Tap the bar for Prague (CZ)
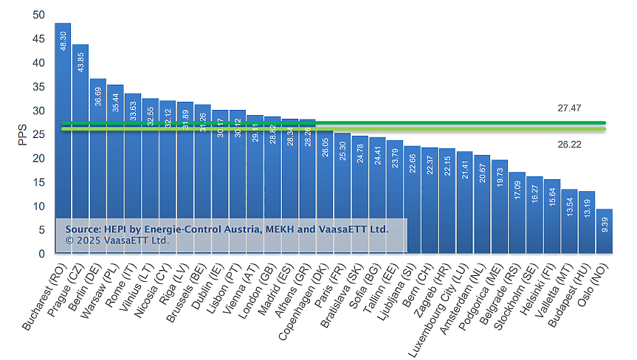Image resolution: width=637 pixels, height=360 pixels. (x=80, y=148)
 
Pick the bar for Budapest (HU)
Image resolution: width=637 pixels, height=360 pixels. (x=587, y=222)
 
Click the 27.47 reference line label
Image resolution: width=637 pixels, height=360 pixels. (x=569, y=108)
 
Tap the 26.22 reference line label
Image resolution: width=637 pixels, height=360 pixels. (x=569, y=145)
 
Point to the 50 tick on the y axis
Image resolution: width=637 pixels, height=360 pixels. (x=38, y=15)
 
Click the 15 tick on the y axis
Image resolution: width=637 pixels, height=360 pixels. (x=38, y=182)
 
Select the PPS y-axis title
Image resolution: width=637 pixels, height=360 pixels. (x=22, y=134)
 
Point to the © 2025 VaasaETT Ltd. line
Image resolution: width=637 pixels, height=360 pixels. (x=117, y=240)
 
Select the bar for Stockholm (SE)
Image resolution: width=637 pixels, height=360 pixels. (x=534, y=215)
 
